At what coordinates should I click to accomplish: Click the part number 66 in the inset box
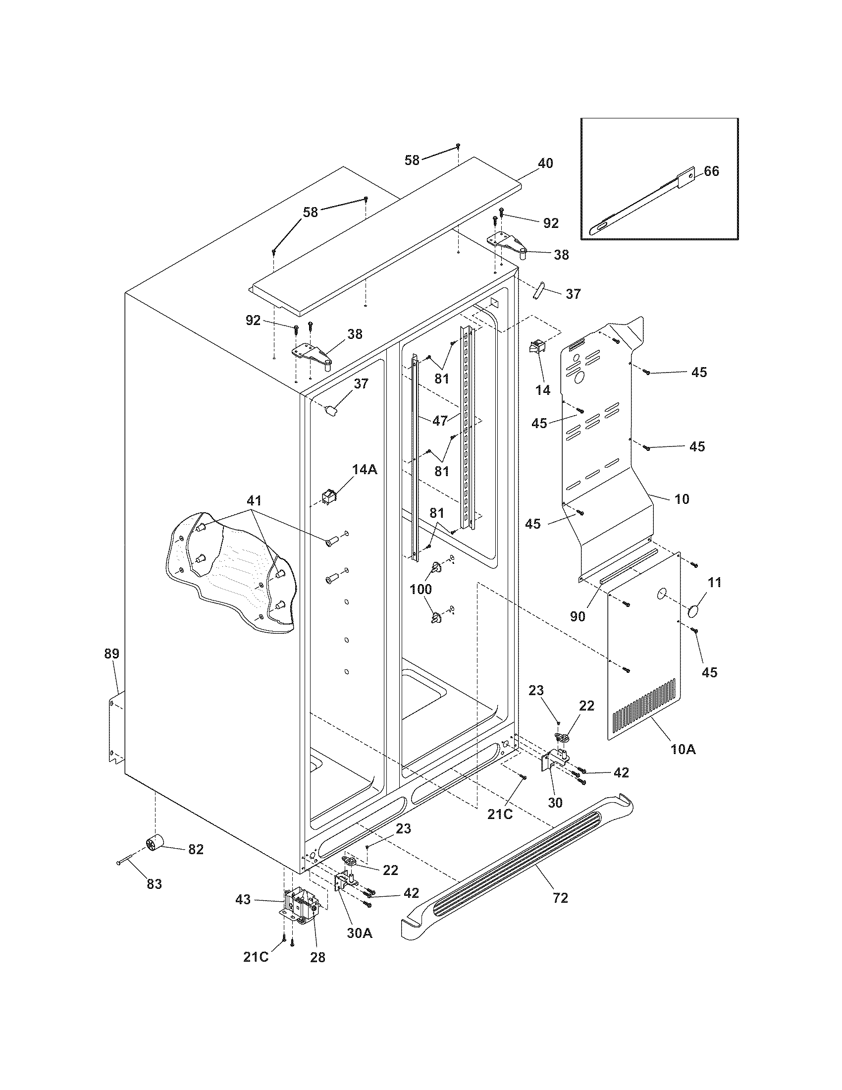[x=711, y=171]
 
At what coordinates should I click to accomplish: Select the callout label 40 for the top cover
[x=545, y=163]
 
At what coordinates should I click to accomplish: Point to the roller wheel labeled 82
[x=156, y=843]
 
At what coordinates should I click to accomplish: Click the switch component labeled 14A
[x=329, y=496]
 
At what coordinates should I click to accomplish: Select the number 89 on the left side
[x=111, y=654]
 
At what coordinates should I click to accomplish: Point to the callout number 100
[x=421, y=589]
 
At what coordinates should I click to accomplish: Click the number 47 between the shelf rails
[x=439, y=421]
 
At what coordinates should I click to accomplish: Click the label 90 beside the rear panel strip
[x=577, y=616]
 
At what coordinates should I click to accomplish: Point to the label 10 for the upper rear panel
[x=682, y=498]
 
